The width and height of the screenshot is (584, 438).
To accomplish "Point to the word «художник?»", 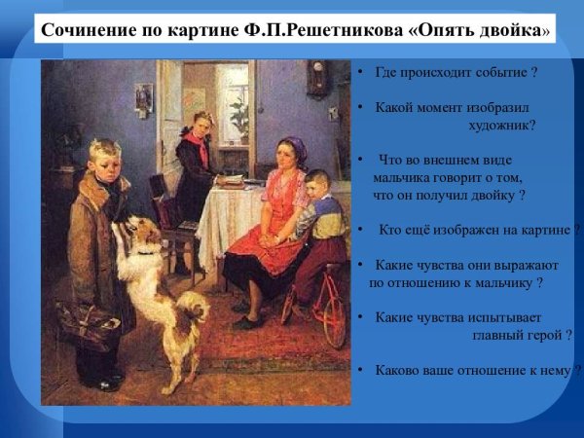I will (x=501, y=125).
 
